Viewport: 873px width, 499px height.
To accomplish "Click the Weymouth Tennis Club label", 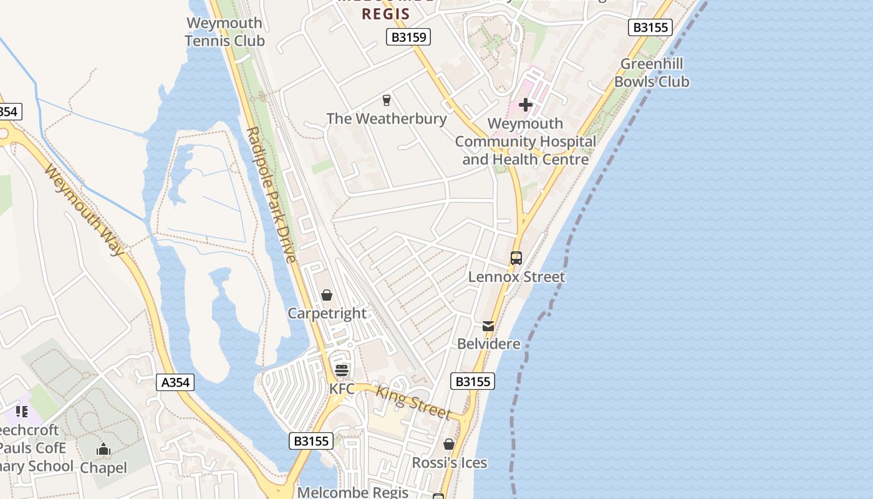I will (x=224, y=32).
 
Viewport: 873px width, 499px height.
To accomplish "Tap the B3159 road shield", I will (x=408, y=37).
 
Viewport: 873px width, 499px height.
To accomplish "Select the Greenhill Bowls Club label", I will (x=652, y=72).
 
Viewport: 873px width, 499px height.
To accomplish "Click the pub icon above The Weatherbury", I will (x=387, y=100).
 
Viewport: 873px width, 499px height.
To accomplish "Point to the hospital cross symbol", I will (x=526, y=105).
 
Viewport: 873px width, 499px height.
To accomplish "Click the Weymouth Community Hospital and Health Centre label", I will (x=525, y=142).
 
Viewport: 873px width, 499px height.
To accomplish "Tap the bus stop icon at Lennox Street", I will (x=516, y=258).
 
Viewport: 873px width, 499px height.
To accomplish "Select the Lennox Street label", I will (x=516, y=276).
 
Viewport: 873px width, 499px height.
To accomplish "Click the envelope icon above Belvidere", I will (x=488, y=326).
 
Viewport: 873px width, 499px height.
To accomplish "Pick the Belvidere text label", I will (x=488, y=344).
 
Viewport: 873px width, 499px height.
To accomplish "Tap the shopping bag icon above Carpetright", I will (x=327, y=295).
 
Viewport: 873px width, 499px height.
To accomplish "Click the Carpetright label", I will (x=327, y=313).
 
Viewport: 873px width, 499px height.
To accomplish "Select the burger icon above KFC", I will (x=342, y=371).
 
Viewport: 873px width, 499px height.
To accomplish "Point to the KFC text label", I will (x=342, y=389).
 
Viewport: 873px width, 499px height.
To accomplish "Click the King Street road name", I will (x=413, y=402).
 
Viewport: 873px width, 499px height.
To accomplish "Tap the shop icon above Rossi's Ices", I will (x=449, y=444).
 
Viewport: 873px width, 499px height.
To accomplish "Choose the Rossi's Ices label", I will (x=449, y=463).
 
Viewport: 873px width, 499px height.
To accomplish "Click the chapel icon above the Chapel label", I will (x=104, y=449).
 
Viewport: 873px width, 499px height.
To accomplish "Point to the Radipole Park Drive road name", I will (x=271, y=195).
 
